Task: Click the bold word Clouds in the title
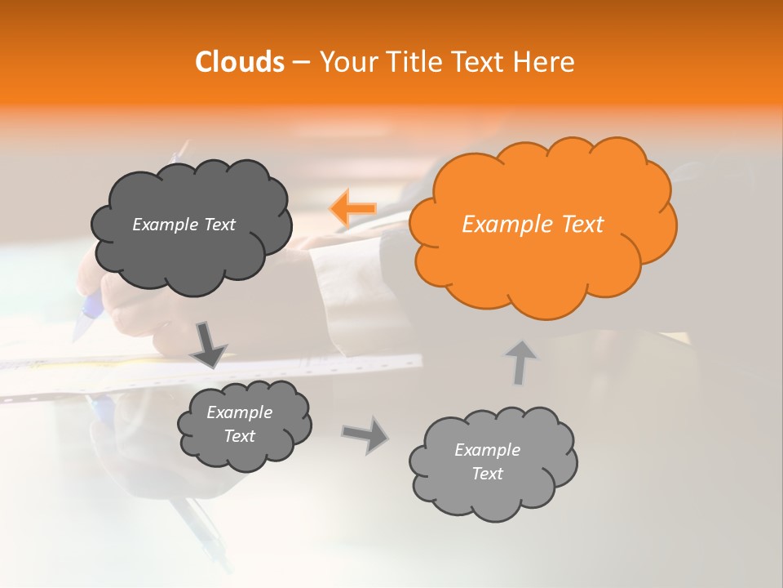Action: [x=239, y=62]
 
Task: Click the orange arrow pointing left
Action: [x=353, y=209]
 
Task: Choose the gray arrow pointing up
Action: [x=520, y=362]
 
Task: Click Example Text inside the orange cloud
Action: [x=533, y=225]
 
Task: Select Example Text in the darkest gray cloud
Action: [x=184, y=225]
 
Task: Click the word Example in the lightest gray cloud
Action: [x=487, y=450]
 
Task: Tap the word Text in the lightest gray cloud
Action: [x=487, y=474]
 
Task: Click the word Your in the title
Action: [x=344, y=62]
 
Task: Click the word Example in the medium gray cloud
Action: [x=239, y=412]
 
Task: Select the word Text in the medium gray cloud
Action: [x=239, y=436]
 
